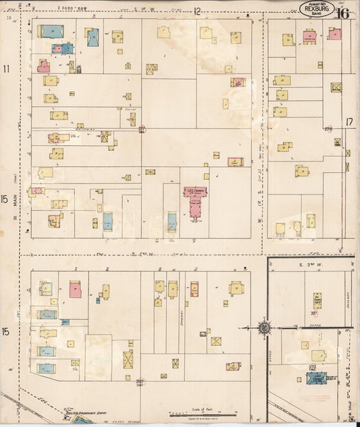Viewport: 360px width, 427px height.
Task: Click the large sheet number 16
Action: pyautogui.click(x=342, y=13)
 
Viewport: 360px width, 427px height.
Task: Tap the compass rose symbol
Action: pyautogui.click(x=264, y=328)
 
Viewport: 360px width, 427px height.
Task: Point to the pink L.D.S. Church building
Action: pyautogui.click(x=195, y=201)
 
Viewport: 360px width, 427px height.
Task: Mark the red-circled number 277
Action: pyautogui.click(x=142, y=129)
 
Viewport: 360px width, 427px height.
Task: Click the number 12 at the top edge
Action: pyautogui.click(x=197, y=11)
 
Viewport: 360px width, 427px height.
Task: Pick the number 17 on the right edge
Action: pyautogui.click(x=349, y=122)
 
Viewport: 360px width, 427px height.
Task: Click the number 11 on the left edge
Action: pyautogui.click(x=7, y=69)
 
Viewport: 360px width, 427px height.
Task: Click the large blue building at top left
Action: pyautogui.click(x=51, y=31)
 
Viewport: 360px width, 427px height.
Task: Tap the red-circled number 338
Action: pyautogui.click(x=312, y=368)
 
